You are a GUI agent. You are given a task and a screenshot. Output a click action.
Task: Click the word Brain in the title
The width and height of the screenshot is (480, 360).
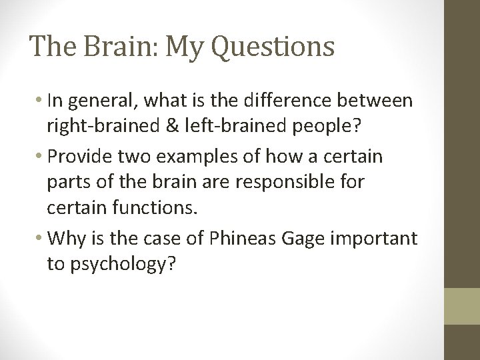(x=109, y=46)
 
